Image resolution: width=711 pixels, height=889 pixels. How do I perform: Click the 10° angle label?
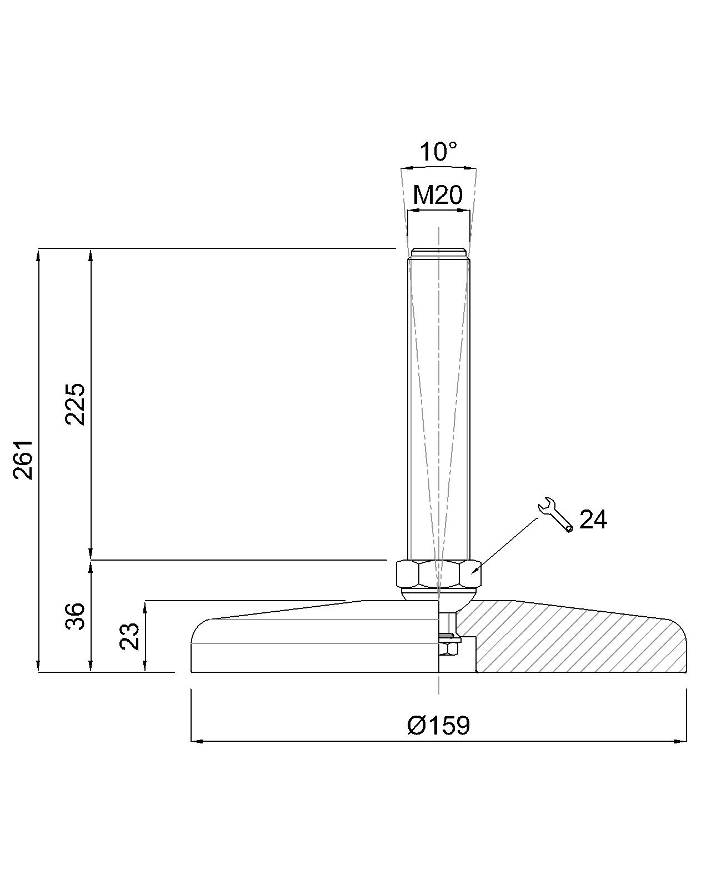click(x=438, y=152)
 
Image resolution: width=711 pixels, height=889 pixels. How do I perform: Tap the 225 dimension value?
click(x=75, y=404)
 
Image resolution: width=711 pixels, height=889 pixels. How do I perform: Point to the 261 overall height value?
click(x=23, y=460)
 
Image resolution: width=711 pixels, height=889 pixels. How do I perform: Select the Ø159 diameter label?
click(x=438, y=725)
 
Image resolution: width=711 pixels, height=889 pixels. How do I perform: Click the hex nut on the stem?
click(x=438, y=573)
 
